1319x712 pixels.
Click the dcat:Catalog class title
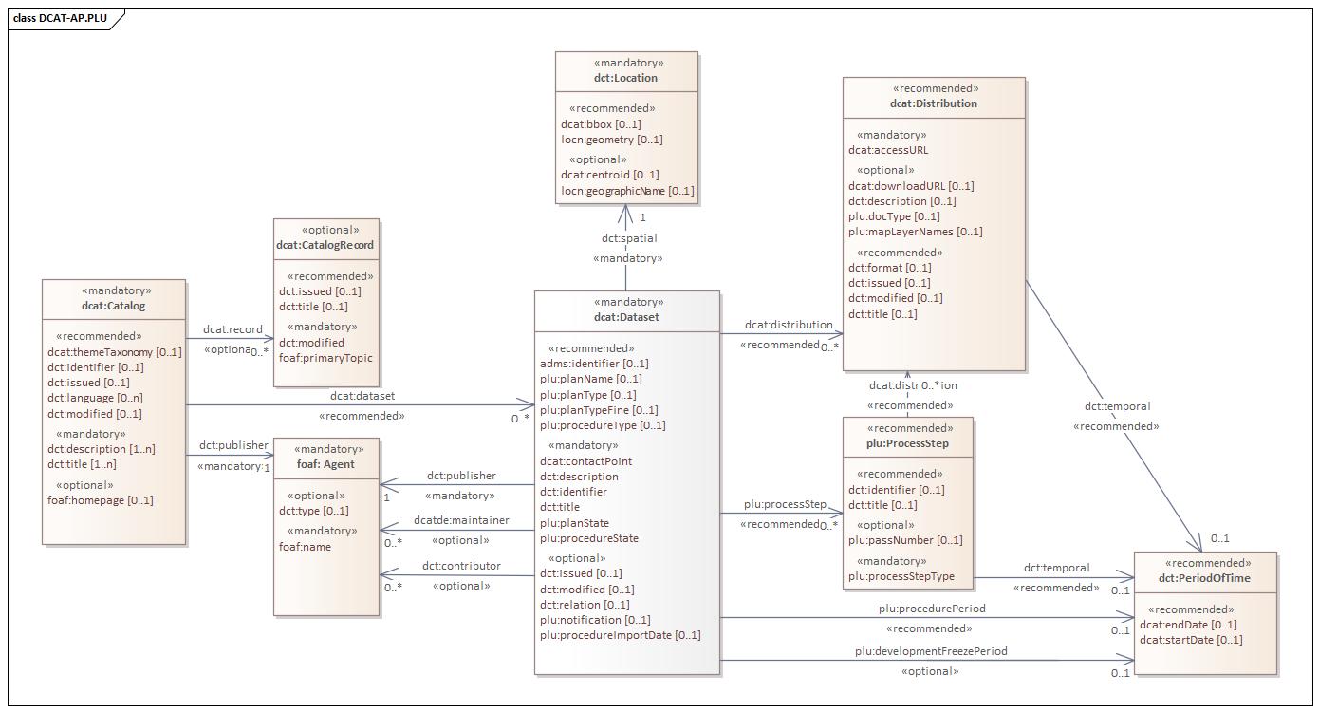[113, 306]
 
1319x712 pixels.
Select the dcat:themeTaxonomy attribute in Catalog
[114, 352]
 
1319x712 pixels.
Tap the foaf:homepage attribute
[100, 500]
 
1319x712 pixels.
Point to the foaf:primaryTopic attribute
[325, 358]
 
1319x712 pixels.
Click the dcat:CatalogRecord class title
[325, 245]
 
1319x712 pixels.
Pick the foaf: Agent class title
[325, 464]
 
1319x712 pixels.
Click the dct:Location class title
[625, 78]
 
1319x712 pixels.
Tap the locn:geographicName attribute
[627, 191]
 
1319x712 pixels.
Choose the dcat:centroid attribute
[609, 175]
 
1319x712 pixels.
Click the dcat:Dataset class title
[626, 317]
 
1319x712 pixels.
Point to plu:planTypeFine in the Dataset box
[599, 410]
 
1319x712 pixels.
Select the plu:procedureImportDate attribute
[620, 635]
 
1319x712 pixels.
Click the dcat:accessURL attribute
[888, 150]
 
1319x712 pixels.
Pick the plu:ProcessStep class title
[907, 443]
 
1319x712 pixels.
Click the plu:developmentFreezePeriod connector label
[930, 651]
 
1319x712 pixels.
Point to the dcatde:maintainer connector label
[461, 520]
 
